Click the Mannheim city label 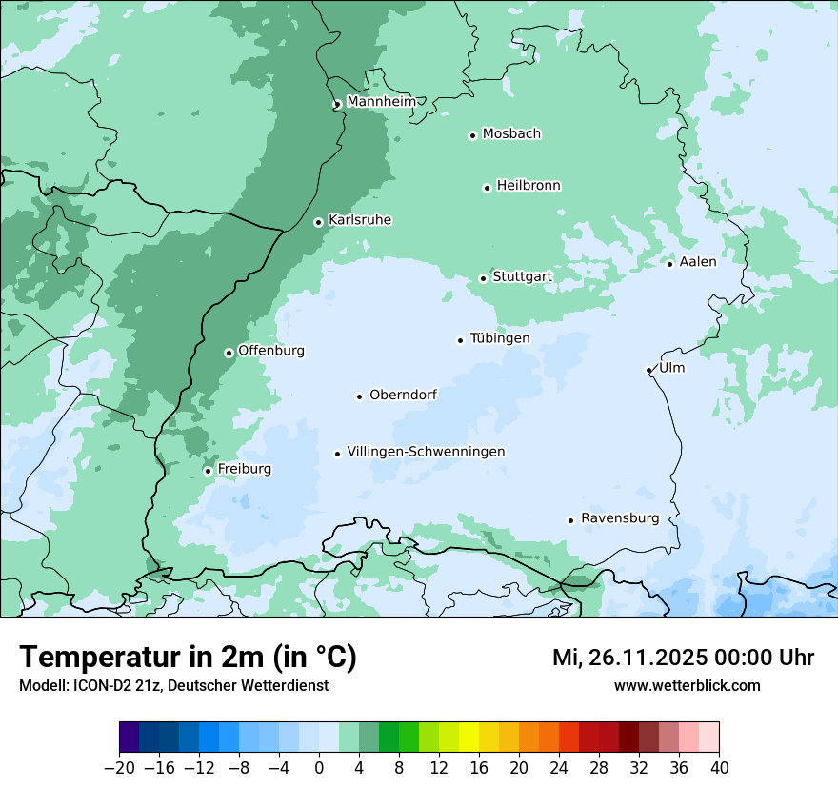pos(381,102)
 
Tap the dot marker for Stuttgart pos(483,278)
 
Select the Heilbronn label pos(529,186)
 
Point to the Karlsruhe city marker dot pos(319,222)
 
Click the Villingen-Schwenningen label pos(426,452)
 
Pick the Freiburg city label pos(244,469)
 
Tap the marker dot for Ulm pos(649,370)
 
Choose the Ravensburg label pos(620,518)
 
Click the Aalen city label pos(698,262)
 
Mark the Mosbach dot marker pos(472,135)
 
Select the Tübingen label pos(500,338)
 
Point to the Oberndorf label pos(403,395)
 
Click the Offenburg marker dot pos(229,353)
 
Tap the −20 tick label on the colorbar pos(119,768)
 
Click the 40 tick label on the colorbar pos(719,768)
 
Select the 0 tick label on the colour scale pos(319,768)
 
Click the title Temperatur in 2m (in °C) pos(188,657)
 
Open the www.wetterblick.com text pos(687,685)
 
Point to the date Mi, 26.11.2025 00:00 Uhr pos(683,658)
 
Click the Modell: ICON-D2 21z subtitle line pos(173,685)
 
